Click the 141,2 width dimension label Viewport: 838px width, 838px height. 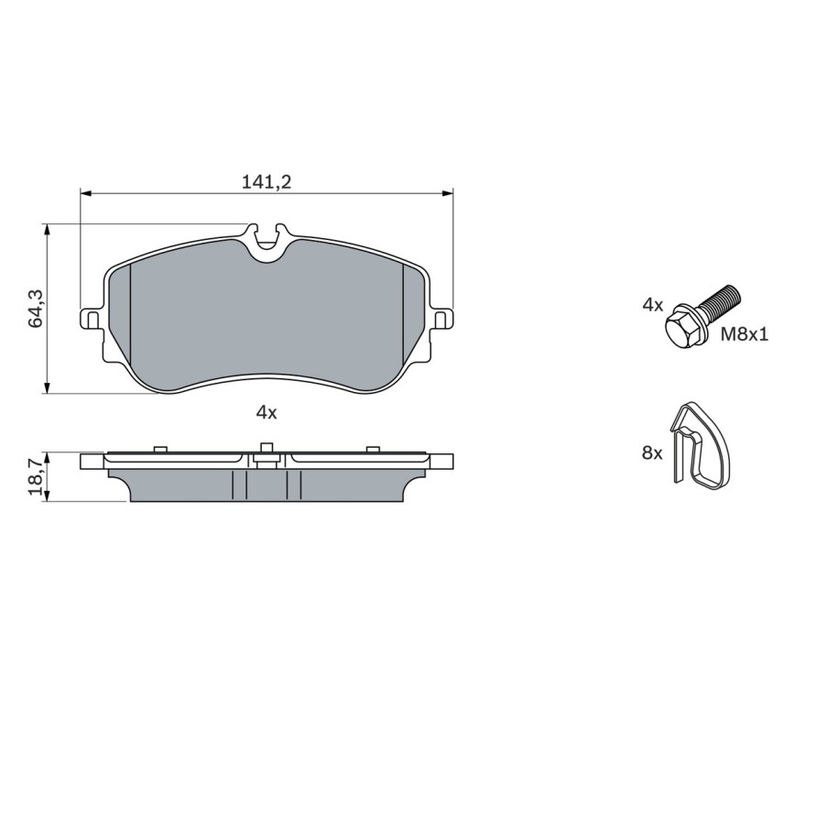coord(267,181)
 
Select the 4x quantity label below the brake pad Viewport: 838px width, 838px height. coord(267,412)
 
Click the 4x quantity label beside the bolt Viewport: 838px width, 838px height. coord(653,306)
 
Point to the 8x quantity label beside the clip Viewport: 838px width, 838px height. coord(652,453)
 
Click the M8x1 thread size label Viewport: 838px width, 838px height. coord(745,334)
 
